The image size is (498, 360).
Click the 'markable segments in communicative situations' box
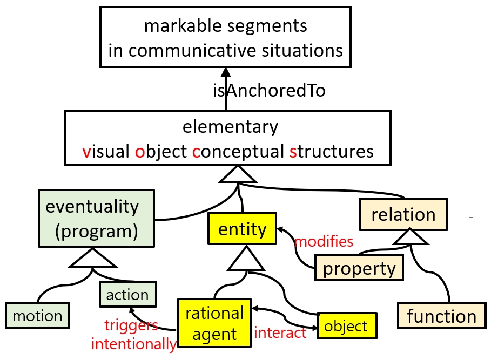click(226, 37)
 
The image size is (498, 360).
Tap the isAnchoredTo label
click(269, 91)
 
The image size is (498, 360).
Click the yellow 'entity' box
click(242, 229)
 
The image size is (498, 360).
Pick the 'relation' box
click(403, 214)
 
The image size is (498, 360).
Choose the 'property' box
click(359, 268)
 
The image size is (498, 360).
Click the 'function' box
click(441, 315)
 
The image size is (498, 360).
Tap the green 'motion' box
click(38, 316)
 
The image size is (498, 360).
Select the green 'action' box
click(127, 295)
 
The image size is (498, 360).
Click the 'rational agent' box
click(214, 323)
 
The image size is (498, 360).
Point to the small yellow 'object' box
click(346, 326)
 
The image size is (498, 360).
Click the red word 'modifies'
click(324, 241)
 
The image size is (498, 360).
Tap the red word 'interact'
click(280, 332)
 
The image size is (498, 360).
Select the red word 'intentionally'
click(133, 343)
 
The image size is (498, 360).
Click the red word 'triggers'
click(131, 325)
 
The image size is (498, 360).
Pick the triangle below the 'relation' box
click(410, 236)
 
